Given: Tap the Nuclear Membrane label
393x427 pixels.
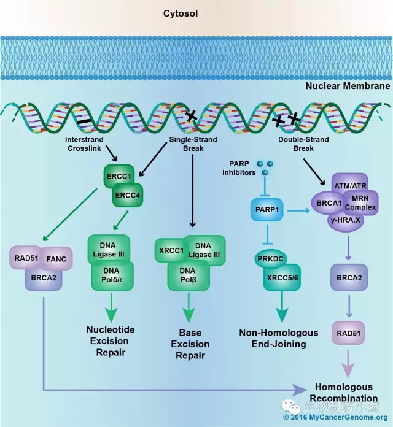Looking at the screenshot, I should [x=348, y=86].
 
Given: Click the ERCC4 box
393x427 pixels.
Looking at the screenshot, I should [x=127, y=196].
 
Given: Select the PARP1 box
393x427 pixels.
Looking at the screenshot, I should [x=268, y=210].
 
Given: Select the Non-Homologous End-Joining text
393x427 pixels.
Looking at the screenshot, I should [x=279, y=338].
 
